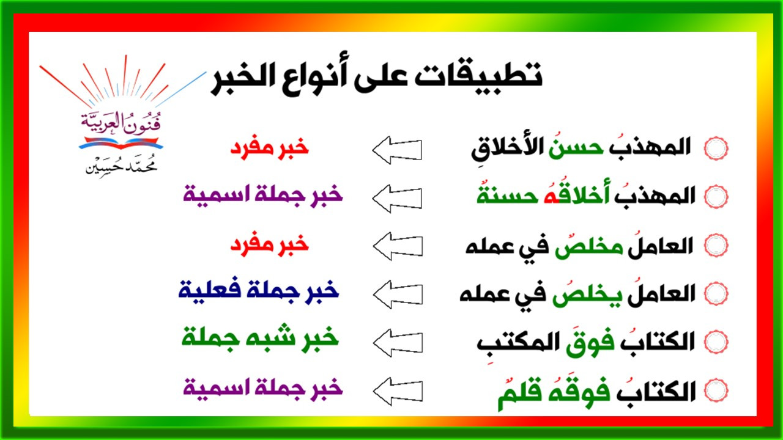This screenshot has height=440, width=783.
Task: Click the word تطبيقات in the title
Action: click(x=478, y=75)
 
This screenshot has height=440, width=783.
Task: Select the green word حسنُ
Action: click(x=576, y=146)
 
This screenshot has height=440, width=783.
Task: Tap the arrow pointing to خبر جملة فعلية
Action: click(x=398, y=295)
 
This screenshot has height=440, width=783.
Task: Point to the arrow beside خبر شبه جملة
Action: click(x=398, y=343)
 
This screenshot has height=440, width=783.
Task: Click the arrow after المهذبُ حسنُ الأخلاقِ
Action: click(x=397, y=150)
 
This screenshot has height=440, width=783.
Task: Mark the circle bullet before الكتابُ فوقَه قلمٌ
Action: click(x=716, y=391)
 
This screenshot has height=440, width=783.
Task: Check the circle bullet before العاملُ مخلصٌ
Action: click(x=716, y=246)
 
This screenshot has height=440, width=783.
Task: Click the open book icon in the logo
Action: click(x=121, y=143)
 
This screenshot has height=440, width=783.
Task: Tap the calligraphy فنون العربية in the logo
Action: click(x=121, y=123)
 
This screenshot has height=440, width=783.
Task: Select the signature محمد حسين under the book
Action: click(x=121, y=166)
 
